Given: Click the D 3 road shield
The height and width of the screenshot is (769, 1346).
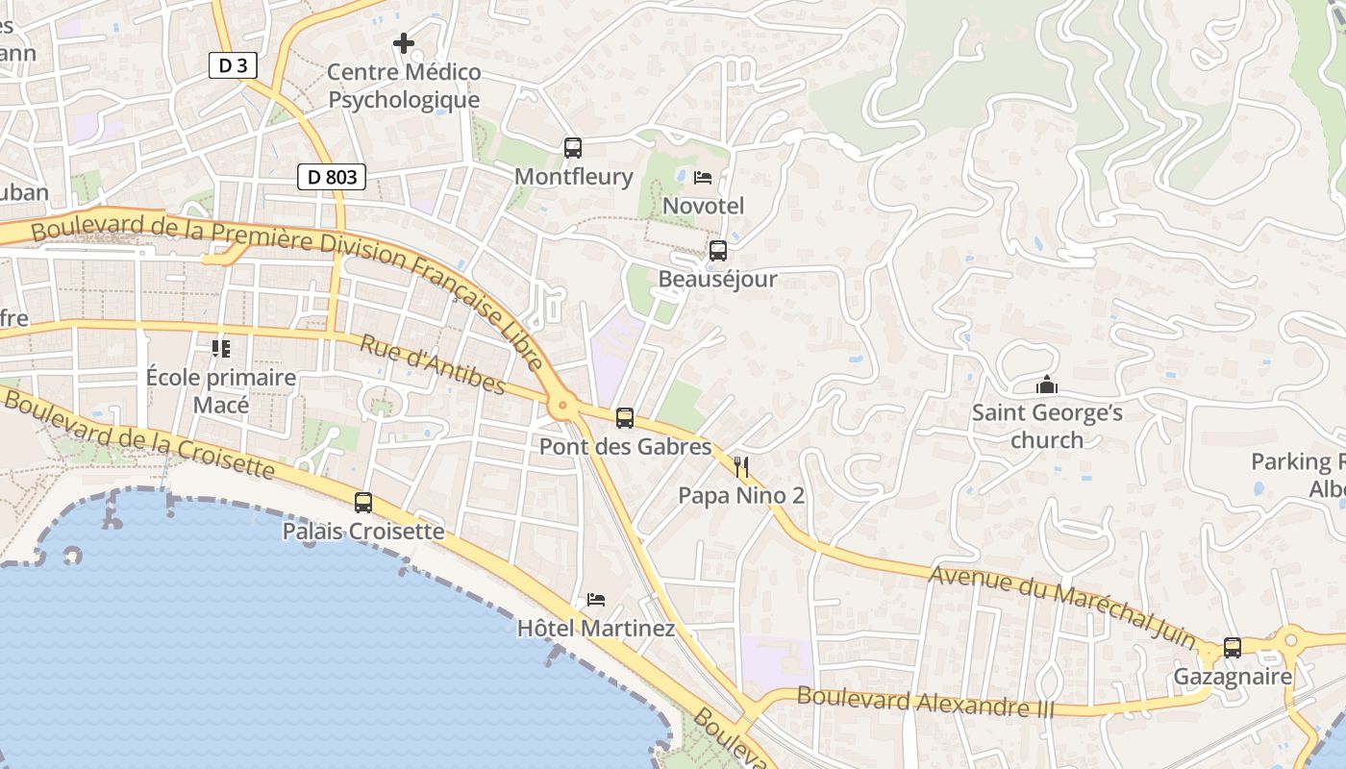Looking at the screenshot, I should pos(233,65).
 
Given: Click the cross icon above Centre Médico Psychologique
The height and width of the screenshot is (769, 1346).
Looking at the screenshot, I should pos(404,43).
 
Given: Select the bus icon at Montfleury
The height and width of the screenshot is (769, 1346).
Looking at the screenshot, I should pos(573,148).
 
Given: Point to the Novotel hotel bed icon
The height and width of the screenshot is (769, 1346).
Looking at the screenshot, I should pos(703,178).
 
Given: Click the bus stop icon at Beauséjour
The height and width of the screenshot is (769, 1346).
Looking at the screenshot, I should pos(717,251).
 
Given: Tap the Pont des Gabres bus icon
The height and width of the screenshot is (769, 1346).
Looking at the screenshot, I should pos(625,418).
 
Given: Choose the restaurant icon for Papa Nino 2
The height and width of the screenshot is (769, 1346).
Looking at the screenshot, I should pos(741,468).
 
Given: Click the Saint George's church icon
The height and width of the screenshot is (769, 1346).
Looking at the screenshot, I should pos(1047,385).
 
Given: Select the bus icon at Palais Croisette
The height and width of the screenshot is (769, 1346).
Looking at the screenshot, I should pos(363,503).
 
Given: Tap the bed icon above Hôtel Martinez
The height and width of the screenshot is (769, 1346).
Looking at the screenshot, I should pos(596,600).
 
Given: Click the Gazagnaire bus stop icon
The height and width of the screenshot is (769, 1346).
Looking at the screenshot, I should pos(1233,648).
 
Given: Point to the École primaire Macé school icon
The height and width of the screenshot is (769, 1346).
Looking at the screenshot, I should pos(221,348).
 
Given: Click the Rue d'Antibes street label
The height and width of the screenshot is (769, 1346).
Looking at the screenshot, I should pos(433,364).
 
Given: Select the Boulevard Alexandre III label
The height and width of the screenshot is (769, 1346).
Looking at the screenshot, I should pos(925,703).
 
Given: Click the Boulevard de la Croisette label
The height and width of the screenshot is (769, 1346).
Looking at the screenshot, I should pos(139,434).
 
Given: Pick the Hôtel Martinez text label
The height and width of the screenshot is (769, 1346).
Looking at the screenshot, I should pos(596,629).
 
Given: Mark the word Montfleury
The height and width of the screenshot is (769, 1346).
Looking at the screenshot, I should pos(573,177).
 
